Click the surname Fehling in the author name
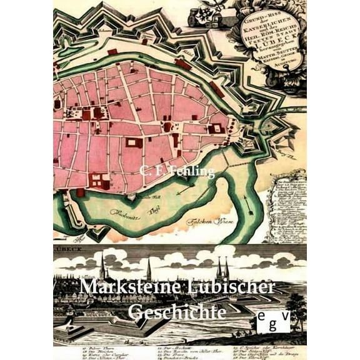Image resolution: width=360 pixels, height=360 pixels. pos(191,172)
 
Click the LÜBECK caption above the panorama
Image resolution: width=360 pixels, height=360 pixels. pos(67,248)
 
